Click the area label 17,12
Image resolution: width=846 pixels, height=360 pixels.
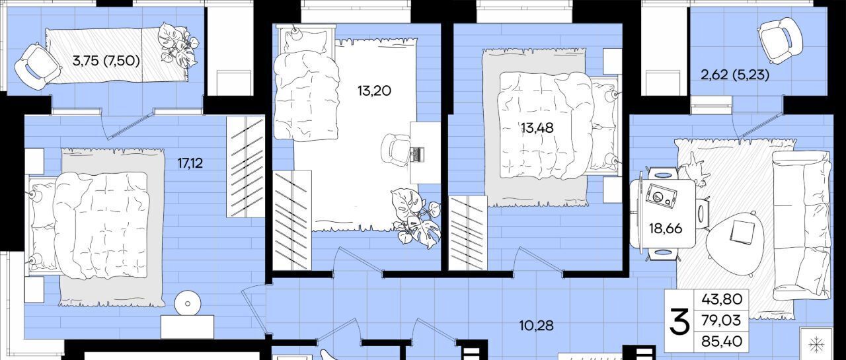coord(190,163)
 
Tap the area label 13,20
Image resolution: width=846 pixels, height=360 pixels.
coord(374,90)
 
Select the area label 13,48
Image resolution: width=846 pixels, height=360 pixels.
coord(537,128)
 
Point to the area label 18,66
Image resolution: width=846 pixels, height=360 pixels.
coord(666,229)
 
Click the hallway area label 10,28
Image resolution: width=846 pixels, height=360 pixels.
coord(536,325)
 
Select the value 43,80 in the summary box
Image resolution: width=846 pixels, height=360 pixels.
coord(722,299)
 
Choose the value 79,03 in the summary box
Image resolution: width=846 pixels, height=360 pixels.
coord(721,320)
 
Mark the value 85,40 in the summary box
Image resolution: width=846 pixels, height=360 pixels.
coord(722,342)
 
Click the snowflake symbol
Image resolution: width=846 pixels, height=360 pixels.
coord(816,344)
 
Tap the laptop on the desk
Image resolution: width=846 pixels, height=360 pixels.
coord(417,154)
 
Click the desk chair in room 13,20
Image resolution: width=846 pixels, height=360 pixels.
coord(395,150)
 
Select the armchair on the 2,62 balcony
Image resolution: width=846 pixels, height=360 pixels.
coord(780,46)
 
